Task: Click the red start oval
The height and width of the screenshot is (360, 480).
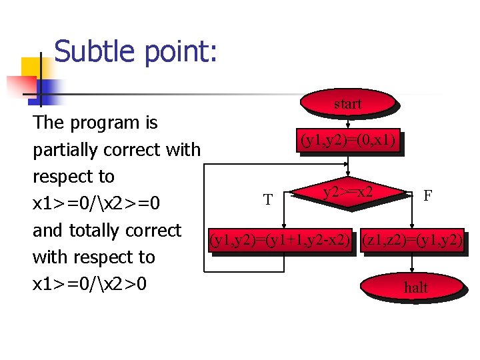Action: pyautogui.click(x=347, y=104)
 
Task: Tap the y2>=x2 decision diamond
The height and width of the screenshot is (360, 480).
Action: pyautogui.click(x=347, y=194)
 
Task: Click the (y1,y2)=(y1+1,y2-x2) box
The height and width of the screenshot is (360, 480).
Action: pyautogui.click(x=280, y=239)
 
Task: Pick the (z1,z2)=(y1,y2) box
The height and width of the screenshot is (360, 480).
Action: pyautogui.click(x=411, y=239)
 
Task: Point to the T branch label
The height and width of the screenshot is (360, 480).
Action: pyautogui.click(x=267, y=199)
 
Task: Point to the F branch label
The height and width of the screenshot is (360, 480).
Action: pyautogui.click(x=427, y=195)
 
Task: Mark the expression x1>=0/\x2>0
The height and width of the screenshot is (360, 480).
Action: pyautogui.click(x=90, y=284)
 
